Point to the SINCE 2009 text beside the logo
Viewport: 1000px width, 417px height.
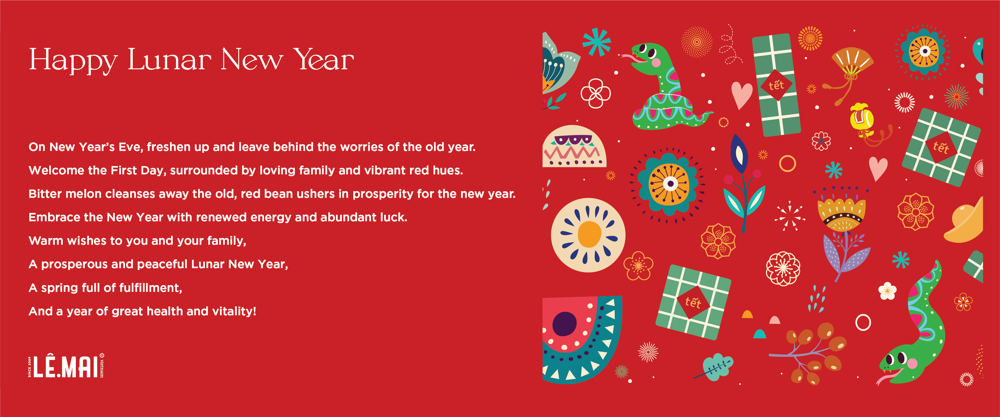coord(29,366)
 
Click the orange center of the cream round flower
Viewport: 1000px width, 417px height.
coord(589,234)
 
